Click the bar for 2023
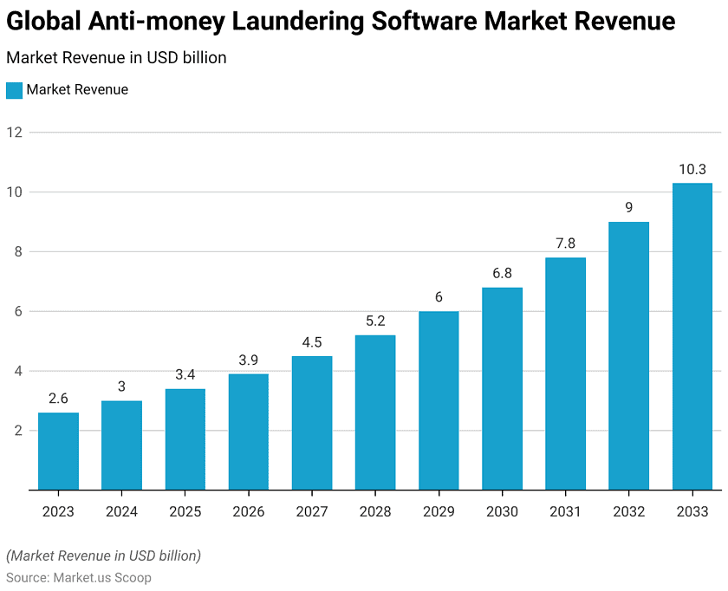coord(58,451)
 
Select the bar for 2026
coord(249,432)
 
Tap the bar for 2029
coord(439,400)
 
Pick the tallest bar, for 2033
coord(692,336)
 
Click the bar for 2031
coord(565,373)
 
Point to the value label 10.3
coord(692,169)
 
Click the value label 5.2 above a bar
coord(375,321)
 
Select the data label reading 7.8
coord(565,244)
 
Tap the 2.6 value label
coord(58,399)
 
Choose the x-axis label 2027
coord(312,511)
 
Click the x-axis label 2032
coord(628,511)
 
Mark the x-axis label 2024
coord(121,511)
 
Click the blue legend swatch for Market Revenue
coord(14,90)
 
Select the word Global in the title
coord(44,22)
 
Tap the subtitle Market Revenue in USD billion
coord(116,58)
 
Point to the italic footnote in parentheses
coord(103,555)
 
